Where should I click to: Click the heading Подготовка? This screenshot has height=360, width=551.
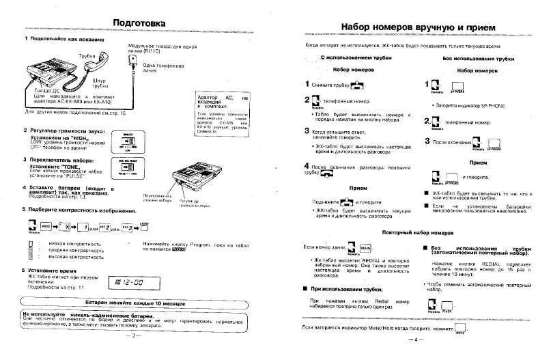point(139,23)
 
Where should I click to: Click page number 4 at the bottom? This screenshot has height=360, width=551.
point(413,340)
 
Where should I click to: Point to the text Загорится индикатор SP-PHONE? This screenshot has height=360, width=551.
point(467,105)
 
